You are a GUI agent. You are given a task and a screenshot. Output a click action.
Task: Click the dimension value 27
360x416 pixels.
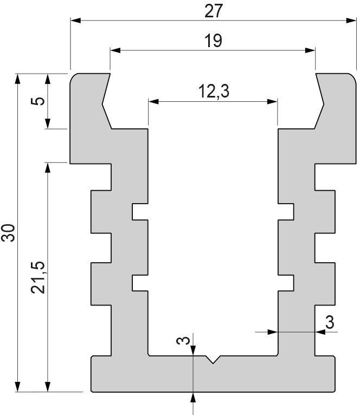214,11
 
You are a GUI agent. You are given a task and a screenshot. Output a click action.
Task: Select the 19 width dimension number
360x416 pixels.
213,41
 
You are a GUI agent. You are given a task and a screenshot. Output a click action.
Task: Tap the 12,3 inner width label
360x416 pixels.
214,92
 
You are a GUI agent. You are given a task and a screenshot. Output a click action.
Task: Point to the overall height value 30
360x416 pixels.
8,233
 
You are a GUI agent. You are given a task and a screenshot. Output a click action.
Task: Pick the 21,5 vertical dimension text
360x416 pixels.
38,278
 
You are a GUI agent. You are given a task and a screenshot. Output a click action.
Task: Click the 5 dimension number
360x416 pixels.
38,101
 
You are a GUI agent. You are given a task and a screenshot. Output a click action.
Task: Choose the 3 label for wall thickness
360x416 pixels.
330,322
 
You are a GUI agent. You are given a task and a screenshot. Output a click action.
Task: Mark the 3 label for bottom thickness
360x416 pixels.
183,340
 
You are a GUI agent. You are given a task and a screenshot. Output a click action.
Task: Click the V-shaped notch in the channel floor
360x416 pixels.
213,359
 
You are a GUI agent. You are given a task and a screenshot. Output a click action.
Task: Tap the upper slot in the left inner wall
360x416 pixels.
140,212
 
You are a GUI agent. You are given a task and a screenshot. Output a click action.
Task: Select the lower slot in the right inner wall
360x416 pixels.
286,283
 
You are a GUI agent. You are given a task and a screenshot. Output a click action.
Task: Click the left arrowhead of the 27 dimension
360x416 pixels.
76,21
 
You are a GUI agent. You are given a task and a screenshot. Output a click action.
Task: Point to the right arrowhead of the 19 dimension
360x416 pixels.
310,50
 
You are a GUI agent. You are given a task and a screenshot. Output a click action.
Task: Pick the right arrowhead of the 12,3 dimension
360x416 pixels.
272,101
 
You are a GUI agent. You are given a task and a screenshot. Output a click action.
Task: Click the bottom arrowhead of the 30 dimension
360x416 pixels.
17,387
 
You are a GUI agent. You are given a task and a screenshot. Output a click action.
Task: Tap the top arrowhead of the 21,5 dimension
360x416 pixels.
48,168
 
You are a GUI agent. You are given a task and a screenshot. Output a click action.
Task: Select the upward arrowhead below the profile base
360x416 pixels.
193,397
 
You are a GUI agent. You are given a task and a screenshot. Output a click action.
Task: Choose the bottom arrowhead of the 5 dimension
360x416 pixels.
48,123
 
